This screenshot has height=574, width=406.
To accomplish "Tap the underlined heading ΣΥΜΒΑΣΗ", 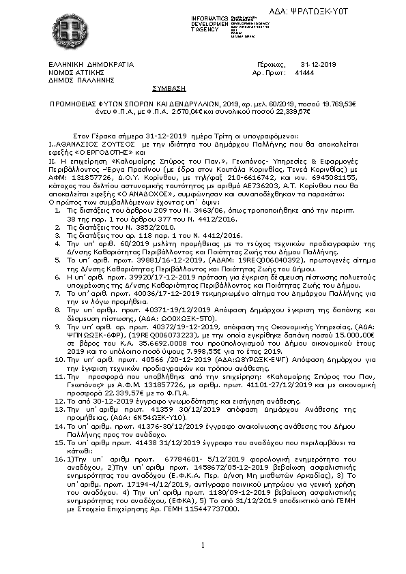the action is pyautogui.click(x=168, y=88).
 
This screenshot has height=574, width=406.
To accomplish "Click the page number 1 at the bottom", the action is pyautogui.click(x=203, y=545).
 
